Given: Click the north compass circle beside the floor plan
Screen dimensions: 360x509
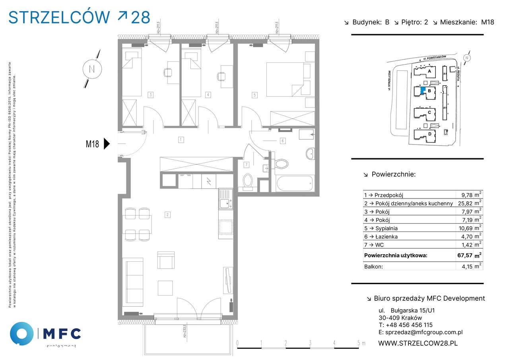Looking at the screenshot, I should coord(92,69).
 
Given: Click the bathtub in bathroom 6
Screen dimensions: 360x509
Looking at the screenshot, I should coord(294,184).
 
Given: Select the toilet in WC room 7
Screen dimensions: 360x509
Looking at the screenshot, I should coord(248,181).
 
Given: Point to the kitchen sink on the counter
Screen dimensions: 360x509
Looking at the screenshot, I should coord(225,201).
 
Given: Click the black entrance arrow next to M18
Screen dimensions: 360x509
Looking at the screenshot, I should coord(106,144).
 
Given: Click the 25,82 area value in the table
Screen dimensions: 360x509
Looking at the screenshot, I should coord(468,203).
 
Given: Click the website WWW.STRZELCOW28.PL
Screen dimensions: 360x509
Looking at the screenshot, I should coord(418,343).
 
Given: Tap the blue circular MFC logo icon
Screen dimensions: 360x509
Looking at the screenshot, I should coord(21,333).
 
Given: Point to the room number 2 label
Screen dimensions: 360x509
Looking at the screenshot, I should coord(168,215).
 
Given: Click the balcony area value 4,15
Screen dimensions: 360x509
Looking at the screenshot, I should coord(467,267).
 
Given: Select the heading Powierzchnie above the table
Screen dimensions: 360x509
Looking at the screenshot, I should coord(393,174).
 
